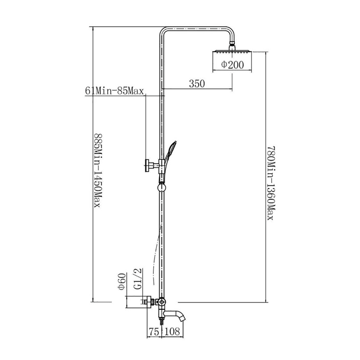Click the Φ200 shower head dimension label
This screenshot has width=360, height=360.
(232, 64)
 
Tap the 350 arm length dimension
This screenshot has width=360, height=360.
(197, 84)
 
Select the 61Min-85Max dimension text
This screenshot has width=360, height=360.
(114, 91)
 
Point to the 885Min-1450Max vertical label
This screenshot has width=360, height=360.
(97, 171)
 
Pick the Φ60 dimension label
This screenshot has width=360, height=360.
(122, 282)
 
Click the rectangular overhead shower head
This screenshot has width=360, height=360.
(232, 51)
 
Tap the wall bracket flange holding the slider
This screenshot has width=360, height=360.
(147, 165)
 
